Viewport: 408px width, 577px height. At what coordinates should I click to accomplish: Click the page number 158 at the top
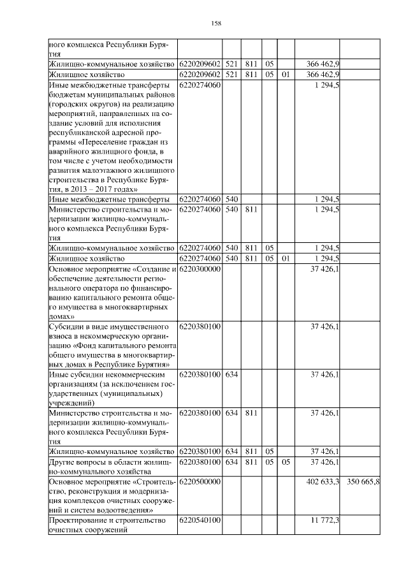[215, 24]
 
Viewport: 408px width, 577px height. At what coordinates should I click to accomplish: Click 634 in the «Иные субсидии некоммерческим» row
[231, 374]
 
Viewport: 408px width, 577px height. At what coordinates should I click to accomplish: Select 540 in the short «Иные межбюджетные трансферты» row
[231, 199]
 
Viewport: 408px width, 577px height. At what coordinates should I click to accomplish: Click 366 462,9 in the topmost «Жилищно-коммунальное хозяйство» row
[322, 64]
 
